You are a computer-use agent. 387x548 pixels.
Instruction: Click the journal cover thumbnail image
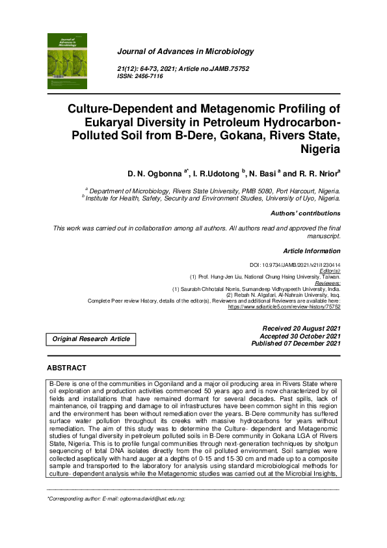tap(68, 62)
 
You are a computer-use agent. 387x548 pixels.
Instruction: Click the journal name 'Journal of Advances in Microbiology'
tap(185, 51)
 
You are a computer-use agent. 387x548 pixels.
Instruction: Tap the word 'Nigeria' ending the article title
tap(319, 148)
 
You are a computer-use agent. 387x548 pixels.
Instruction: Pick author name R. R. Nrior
tap(319, 174)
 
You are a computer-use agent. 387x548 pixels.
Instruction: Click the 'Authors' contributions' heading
tap(305, 213)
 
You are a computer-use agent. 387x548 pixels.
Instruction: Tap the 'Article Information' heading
tap(312, 251)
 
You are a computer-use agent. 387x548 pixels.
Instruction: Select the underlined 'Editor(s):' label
tap(328, 271)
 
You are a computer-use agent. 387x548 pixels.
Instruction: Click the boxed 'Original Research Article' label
tap(91, 338)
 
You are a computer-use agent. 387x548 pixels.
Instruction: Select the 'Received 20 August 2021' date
tap(301, 328)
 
